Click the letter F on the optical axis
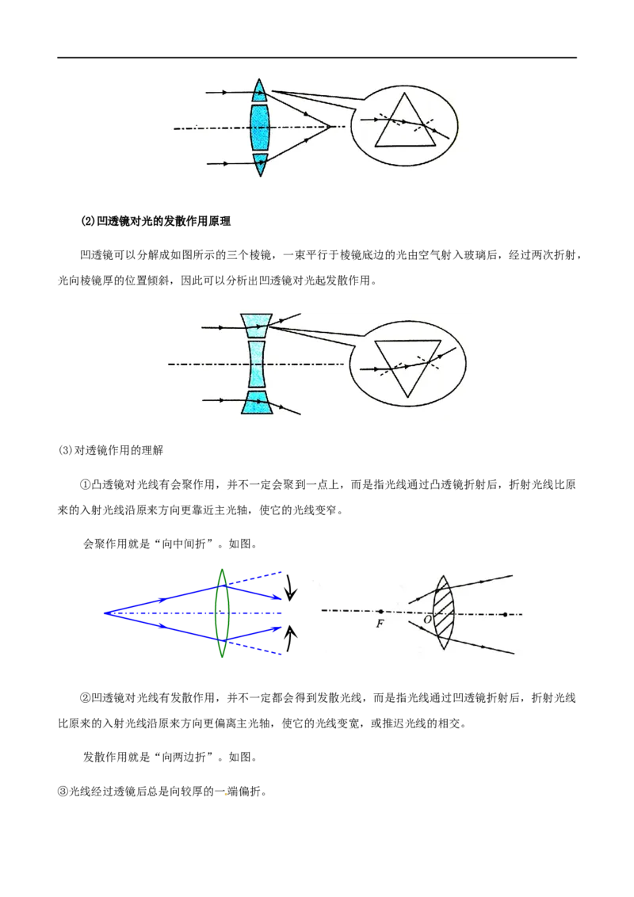tap(380, 624)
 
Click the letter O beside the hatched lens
tap(427, 620)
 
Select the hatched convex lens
tap(444, 612)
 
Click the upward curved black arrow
tap(291, 638)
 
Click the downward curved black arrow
tap(291, 587)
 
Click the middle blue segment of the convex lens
tap(260, 127)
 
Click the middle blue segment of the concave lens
tap(258, 365)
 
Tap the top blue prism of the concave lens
tap(257, 326)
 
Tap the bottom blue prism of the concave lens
tap(257, 403)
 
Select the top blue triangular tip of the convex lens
tap(259, 92)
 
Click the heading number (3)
tap(65, 450)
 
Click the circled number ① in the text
tap(86, 484)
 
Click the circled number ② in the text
tap(86, 698)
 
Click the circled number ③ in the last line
tap(63, 792)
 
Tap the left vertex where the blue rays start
tap(105, 613)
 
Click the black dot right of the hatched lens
tap(505, 614)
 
